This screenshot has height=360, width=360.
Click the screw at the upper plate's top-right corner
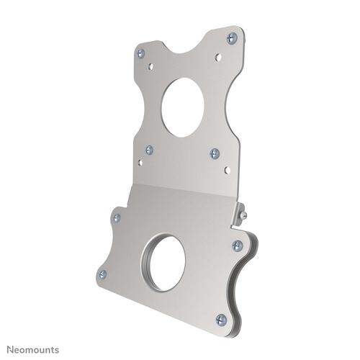[x=231, y=38]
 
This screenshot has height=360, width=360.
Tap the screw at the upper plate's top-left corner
[x=141, y=53]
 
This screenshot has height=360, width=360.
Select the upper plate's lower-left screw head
[x=149, y=150]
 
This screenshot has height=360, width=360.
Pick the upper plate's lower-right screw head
[x=215, y=153]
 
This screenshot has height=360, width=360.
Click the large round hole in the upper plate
[x=183, y=107]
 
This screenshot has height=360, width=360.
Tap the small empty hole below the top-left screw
[x=150, y=66]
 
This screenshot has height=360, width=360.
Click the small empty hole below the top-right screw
[x=218, y=55]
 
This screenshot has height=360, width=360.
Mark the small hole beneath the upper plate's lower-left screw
[x=140, y=162]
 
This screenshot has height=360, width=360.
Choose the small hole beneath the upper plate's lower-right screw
[x=227, y=170]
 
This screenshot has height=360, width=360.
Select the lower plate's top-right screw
[x=237, y=246]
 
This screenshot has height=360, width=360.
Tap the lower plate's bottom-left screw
[x=102, y=274]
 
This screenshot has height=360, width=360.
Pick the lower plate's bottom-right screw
[x=221, y=319]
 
